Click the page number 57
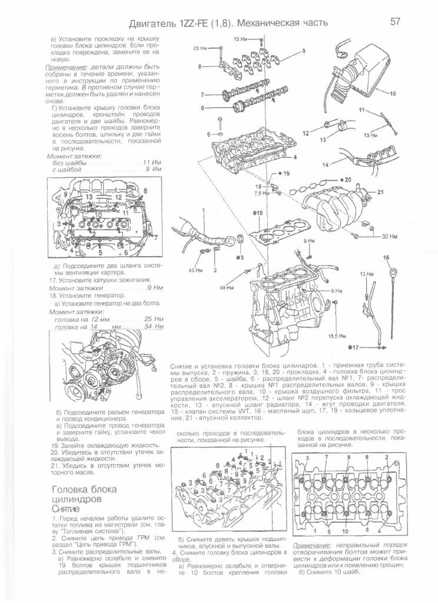(395, 22)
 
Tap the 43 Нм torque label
(195, 270)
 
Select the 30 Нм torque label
(389, 236)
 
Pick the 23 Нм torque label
(200, 48)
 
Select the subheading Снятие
(66, 508)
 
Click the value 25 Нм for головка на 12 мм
(154, 319)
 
